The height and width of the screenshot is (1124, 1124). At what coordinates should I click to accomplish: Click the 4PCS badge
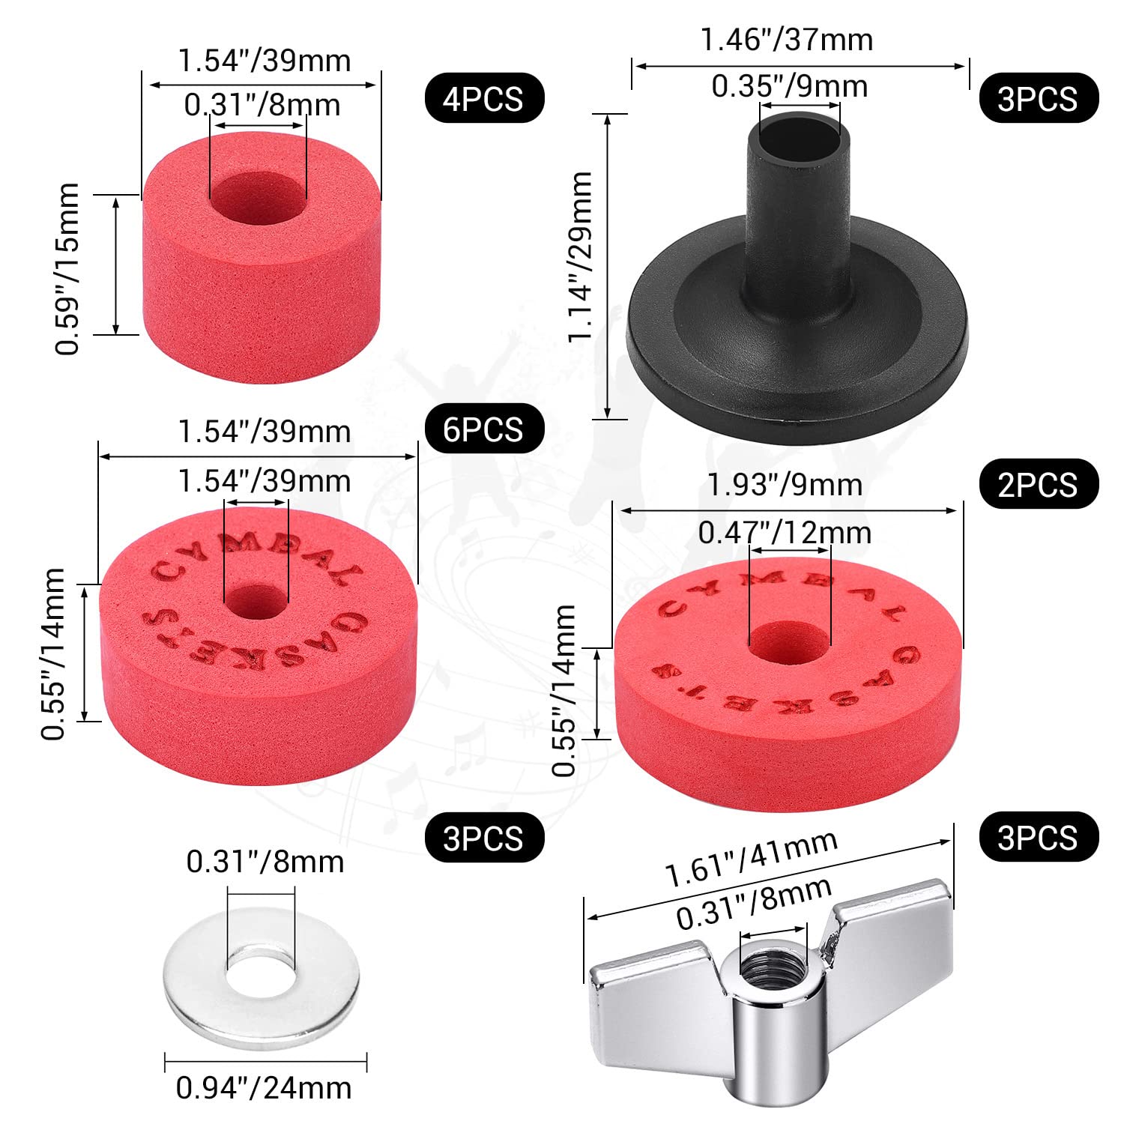484,98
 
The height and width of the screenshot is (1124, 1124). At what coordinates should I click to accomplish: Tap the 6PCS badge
484,429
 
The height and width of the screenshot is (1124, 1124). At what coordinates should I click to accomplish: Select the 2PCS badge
1038,484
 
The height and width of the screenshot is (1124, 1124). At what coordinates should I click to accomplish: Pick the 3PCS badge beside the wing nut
1038,837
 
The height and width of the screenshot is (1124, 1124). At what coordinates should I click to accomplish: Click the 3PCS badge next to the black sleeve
1038,98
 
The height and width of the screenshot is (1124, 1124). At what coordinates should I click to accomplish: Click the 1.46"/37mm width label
787,39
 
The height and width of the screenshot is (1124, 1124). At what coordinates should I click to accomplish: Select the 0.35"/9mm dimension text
789,87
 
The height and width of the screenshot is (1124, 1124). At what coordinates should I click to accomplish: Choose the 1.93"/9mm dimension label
785,485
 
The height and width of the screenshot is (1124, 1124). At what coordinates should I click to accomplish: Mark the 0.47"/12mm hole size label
785,533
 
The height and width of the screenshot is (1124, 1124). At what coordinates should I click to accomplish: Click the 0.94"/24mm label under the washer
264,1087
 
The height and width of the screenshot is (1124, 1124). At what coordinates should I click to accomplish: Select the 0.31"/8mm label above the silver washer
265,862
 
